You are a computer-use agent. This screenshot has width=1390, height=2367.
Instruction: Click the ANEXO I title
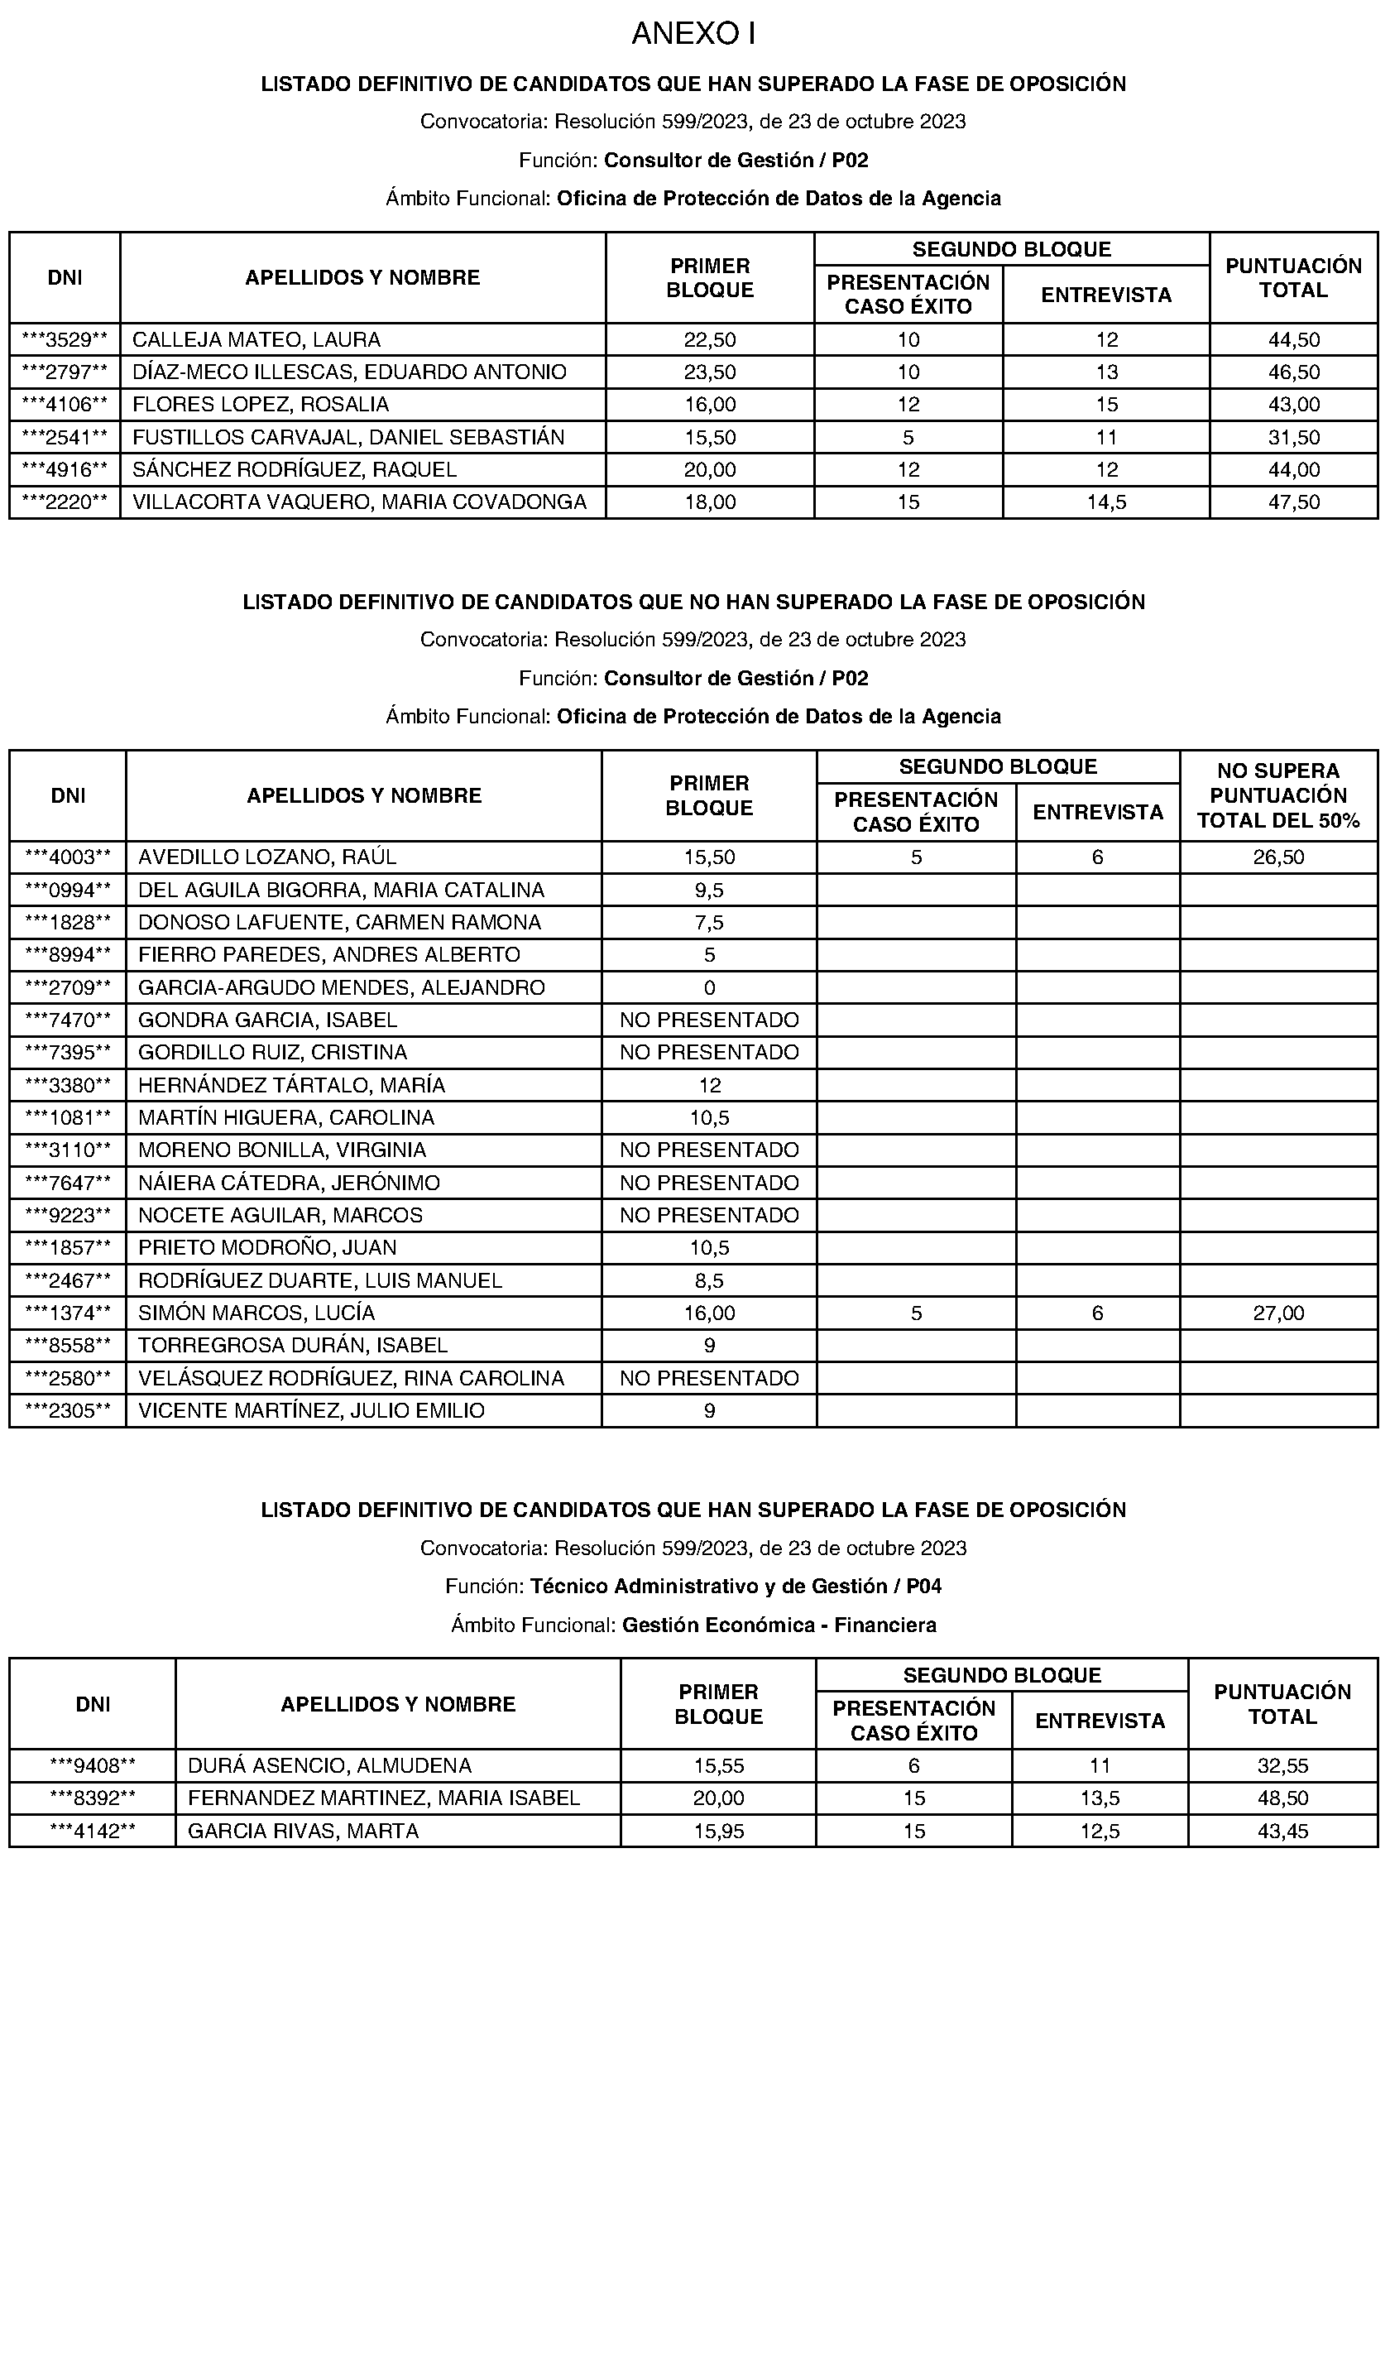coord(693,34)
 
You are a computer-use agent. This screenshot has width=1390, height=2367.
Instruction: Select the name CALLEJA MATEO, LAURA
coord(256,339)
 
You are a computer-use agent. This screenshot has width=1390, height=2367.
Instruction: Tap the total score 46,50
coord(1293,372)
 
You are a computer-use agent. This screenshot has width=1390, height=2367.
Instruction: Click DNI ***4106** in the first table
coord(65,405)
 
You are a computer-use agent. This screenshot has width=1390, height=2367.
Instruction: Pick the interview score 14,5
coord(1105,502)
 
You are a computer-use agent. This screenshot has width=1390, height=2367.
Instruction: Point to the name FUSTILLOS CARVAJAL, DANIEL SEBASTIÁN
coord(348,437)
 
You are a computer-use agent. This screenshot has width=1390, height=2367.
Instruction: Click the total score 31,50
coord(1293,437)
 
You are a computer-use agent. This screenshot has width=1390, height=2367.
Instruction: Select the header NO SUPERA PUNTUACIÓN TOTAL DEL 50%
coord(1278,795)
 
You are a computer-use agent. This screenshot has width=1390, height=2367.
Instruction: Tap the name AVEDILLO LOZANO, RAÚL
coord(268,857)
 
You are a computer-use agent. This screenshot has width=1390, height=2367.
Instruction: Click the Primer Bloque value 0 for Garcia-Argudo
coord(709,987)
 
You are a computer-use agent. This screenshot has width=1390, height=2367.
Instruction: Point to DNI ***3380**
coord(68,1085)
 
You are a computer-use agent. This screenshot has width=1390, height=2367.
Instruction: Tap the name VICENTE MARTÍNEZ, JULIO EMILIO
coord(311,1410)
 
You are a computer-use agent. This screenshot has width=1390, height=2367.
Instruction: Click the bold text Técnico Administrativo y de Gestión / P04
coord(736,1586)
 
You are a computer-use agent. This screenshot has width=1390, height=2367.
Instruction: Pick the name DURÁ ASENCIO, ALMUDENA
coord(329,1766)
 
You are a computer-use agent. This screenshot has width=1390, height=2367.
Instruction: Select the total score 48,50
coord(1282,1798)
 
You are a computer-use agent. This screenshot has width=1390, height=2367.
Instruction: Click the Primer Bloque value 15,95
coord(718,1831)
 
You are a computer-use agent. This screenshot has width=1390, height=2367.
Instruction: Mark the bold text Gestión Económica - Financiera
coord(779,1624)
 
